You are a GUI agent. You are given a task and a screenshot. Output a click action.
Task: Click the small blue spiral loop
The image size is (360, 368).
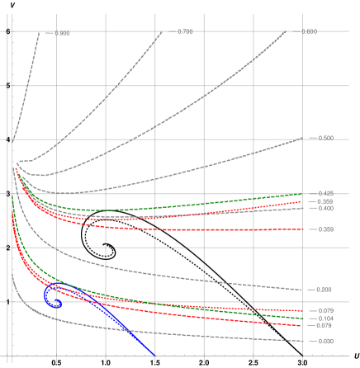[x=53, y=298]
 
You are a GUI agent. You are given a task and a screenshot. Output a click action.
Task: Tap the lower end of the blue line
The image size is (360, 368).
[x=156, y=356]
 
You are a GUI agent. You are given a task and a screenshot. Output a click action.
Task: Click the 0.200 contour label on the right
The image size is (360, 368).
[x=324, y=290]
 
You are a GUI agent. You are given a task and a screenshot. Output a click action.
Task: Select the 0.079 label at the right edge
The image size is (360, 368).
[x=324, y=325]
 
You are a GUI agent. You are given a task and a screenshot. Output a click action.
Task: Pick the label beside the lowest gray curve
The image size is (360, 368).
[x=324, y=341]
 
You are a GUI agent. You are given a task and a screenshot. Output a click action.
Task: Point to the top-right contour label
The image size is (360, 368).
[x=309, y=32]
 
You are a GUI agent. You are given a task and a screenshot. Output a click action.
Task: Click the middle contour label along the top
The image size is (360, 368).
[x=185, y=32]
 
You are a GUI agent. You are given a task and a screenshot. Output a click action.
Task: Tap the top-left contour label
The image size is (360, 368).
[x=62, y=33]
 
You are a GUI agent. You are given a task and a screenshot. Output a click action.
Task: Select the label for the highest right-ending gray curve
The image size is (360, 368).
[x=324, y=138]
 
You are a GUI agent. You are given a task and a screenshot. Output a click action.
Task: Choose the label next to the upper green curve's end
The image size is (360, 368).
[x=324, y=193]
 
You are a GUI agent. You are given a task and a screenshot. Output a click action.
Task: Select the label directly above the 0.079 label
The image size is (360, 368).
[x=324, y=318]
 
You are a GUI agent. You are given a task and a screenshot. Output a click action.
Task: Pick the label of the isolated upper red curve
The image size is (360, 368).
[x=324, y=229]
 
